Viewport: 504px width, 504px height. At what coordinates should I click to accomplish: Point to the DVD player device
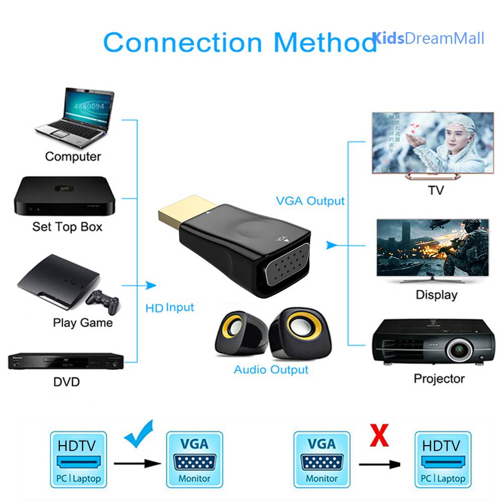[x=65, y=361]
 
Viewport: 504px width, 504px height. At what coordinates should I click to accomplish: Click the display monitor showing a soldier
[x=433, y=247]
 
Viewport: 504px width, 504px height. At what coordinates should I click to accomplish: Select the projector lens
[x=458, y=348]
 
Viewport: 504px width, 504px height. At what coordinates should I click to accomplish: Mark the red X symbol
[x=379, y=436]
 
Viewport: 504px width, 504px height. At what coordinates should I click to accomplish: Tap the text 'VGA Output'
[x=310, y=201]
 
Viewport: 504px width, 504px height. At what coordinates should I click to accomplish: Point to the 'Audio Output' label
[x=271, y=370]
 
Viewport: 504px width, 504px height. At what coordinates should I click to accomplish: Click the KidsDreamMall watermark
[x=428, y=38]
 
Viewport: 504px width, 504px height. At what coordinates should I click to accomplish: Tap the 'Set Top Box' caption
[x=67, y=227]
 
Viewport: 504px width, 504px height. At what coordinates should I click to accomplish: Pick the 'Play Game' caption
[x=83, y=323]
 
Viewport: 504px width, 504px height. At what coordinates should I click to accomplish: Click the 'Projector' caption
[x=439, y=379]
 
